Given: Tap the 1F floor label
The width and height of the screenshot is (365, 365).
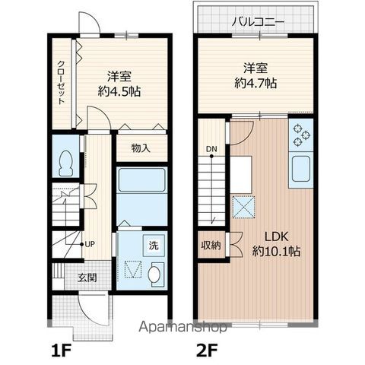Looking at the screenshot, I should (x=63, y=351).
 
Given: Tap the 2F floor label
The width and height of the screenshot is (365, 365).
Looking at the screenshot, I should (x=209, y=351).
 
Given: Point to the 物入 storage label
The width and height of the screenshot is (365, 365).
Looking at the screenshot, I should (x=139, y=148).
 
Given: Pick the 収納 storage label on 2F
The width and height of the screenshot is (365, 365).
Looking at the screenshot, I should (x=211, y=246).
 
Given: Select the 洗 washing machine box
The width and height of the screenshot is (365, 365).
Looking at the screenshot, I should (x=154, y=246).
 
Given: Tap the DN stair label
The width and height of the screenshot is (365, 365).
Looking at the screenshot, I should (x=211, y=149).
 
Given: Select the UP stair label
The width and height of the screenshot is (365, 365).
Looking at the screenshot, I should (x=90, y=244).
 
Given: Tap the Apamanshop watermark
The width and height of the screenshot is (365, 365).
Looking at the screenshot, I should (x=182, y=328).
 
